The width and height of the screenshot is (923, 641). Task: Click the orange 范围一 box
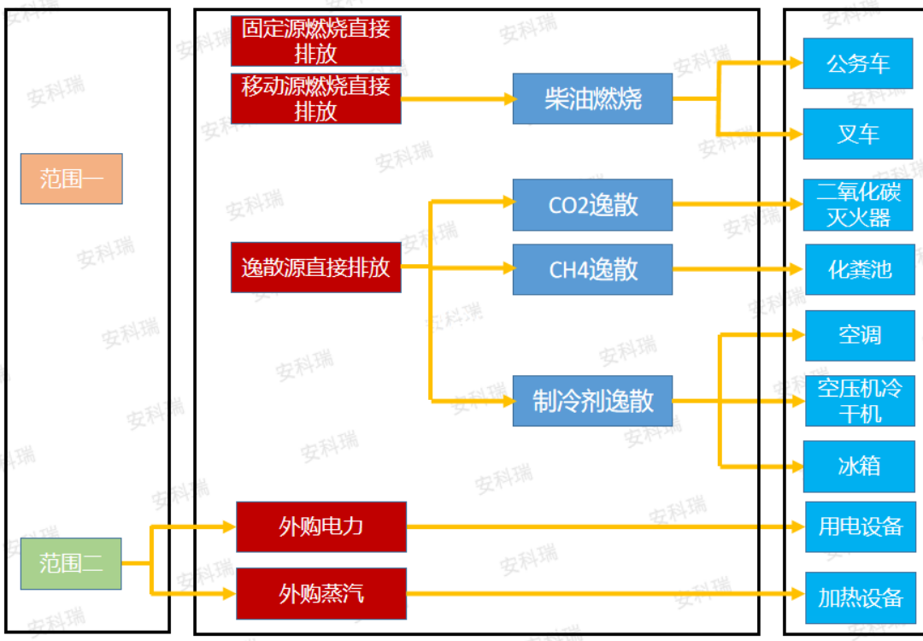click(72, 179)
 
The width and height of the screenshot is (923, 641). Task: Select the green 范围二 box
click(71, 563)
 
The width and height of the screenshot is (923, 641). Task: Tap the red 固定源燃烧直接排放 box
click(315, 40)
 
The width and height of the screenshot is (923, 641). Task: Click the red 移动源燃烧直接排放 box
click(315, 98)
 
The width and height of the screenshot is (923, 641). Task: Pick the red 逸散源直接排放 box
click(315, 267)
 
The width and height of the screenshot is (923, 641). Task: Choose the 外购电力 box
click(320, 526)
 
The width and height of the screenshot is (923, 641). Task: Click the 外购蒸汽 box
click(320, 593)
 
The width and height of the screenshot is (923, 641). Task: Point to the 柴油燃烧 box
click(592, 98)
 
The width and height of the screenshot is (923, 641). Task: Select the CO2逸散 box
click(592, 205)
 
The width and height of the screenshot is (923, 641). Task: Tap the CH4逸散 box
click(592, 269)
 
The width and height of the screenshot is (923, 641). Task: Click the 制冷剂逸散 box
click(592, 400)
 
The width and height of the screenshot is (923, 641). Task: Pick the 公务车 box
click(857, 63)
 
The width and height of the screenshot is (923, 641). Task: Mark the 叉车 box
click(857, 134)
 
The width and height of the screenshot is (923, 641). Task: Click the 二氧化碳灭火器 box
click(857, 205)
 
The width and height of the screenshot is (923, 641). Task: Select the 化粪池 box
click(859, 269)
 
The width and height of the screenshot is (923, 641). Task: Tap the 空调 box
click(859, 335)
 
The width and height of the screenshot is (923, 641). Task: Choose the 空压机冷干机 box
click(859, 400)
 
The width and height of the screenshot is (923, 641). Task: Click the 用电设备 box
click(859, 526)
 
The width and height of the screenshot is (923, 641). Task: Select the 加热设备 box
click(859, 597)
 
